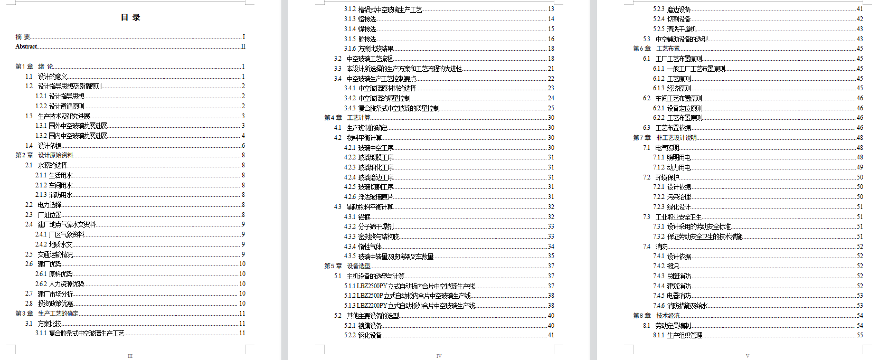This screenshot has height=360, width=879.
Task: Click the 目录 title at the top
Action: pos(130,17)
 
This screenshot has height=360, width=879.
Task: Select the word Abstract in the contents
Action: pos(26,46)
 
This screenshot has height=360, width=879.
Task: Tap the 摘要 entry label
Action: pos(23,37)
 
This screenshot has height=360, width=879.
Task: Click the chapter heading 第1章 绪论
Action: pos(34,67)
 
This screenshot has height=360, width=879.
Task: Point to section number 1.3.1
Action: pos(41,126)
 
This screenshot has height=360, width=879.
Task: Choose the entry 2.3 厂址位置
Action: pos(49,215)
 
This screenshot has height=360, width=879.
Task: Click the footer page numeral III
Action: pos(130,356)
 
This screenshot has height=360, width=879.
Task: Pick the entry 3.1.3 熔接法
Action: pos(360,19)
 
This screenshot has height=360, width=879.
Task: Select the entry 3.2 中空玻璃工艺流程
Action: pos(370,59)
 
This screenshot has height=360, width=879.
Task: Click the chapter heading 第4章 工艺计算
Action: pos(347,118)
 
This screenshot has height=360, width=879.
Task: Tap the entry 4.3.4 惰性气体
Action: pos(363,247)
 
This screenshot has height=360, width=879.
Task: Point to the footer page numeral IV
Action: pos(439,356)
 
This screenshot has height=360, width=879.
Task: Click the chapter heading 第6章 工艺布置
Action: pos(656,49)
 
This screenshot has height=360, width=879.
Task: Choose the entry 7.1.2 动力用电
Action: pos(672,167)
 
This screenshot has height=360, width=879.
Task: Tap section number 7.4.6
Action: pos(658,306)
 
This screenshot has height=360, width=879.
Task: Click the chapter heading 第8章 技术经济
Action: pos(656,316)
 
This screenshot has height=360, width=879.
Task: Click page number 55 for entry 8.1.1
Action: pos(859,335)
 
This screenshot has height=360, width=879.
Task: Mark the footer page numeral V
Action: pos(748,356)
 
